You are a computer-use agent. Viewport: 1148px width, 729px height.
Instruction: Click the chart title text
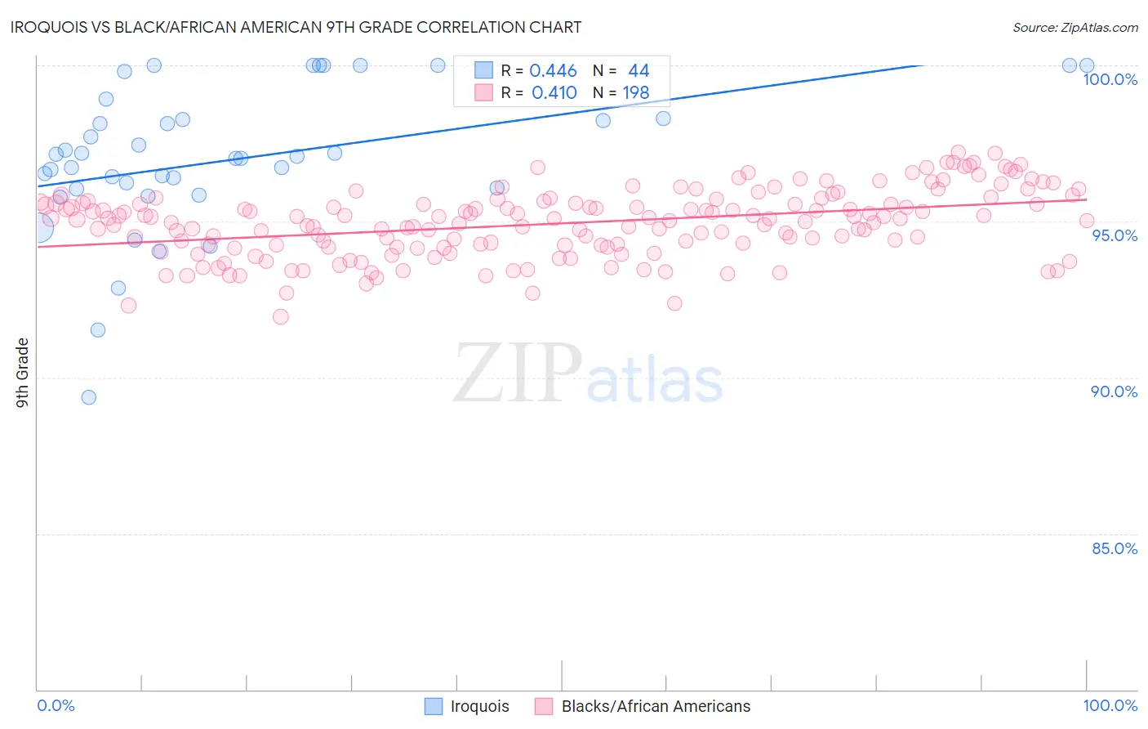tap(296, 27)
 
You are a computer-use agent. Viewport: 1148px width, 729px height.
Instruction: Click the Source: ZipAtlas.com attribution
tap(1075, 27)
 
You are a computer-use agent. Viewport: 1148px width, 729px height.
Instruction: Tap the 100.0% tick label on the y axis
tap(1110, 79)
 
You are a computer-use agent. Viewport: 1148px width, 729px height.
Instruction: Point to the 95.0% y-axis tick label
tap(1115, 235)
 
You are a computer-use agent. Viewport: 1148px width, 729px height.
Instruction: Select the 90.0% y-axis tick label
tap(1114, 391)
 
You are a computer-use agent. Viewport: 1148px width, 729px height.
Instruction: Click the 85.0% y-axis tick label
tap(1114, 548)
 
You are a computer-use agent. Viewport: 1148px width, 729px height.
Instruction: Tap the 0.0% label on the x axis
tap(56, 705)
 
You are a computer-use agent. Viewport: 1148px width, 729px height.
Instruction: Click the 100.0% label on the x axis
tap(1110, 705)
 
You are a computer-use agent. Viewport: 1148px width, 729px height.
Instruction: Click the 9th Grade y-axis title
tap(22, 373)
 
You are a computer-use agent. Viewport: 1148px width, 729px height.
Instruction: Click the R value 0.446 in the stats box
tap(553, 71)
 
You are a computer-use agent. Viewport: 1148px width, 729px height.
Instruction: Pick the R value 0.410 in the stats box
tap(554, 93)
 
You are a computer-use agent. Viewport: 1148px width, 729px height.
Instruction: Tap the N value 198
tap(635, 93)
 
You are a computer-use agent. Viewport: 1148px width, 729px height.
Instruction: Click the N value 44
tap(638, 71)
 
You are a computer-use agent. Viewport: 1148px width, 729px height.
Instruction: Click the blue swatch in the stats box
tap(484, 70)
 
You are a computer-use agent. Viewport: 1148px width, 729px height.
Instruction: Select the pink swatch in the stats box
tap(484, 92)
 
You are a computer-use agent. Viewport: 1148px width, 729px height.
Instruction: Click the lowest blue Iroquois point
tap(89, 397)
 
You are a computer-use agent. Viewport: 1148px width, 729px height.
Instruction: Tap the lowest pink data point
tap(281, 317)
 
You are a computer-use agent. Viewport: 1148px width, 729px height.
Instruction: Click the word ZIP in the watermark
tap(517, 373)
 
